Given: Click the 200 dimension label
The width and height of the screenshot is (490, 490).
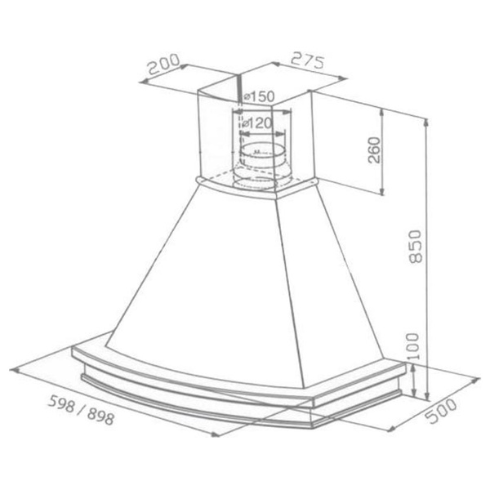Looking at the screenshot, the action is point(163,64).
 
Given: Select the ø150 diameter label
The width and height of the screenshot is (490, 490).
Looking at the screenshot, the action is point(259,96).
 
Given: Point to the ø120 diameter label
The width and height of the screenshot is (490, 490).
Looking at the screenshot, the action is point(256,124).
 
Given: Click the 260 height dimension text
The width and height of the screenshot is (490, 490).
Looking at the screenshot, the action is point(374,150).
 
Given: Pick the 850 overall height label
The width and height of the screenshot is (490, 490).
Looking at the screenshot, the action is point(416,247).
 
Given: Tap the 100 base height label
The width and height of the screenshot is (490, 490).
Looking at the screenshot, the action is point(412,346).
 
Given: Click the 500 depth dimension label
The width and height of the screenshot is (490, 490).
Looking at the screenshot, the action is point(441,411).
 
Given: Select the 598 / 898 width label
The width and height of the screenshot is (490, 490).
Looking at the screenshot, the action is point(81,410).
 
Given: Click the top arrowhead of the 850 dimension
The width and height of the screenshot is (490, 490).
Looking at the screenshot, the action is point(426,121).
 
